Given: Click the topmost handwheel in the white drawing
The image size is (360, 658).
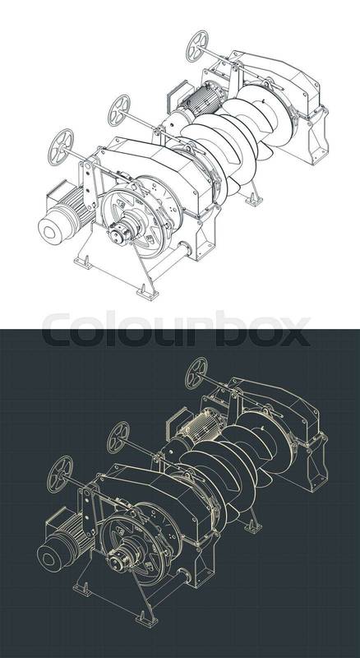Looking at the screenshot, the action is pos(196,46).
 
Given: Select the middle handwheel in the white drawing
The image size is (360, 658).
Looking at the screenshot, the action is pos(119,110).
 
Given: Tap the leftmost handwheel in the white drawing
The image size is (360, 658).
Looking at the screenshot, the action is pos(61,147).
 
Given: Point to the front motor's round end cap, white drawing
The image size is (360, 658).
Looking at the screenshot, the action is pos(52,229).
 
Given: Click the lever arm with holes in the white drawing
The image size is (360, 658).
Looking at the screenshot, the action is pos(90,184).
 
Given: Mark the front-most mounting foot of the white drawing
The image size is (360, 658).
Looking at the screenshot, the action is pos(147,292).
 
